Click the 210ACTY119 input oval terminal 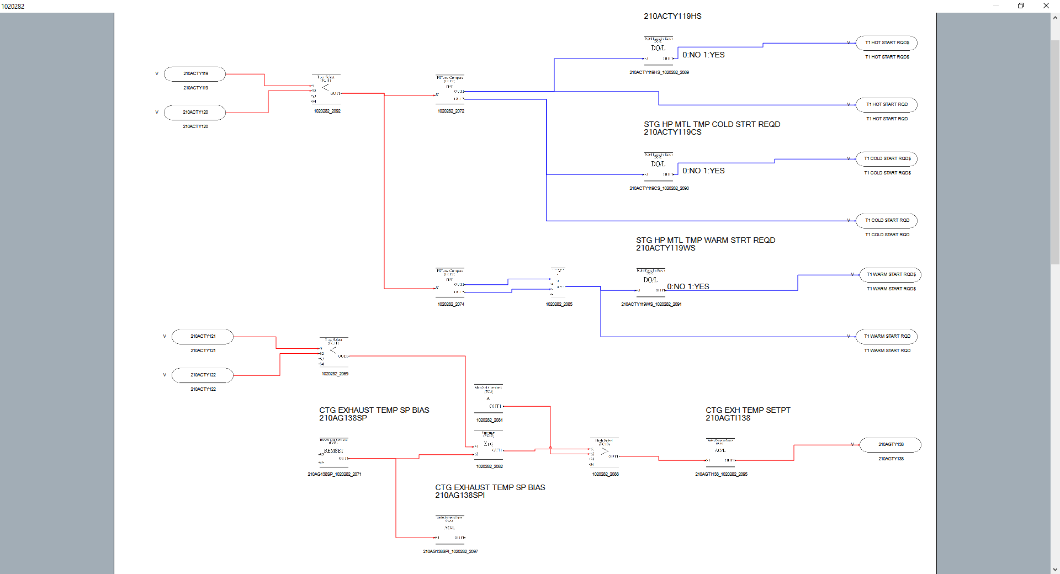coord(195,74)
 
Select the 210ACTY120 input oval coord(195,113)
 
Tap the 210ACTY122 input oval coord(203,375)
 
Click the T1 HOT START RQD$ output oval coord(887,43)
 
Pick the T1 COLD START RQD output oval coord(887,221)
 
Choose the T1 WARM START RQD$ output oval coord(891,275)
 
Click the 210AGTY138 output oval coord(891,445)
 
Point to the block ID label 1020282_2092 coord(327,111)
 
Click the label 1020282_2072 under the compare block coord(451,111)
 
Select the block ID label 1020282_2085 coord(559,305)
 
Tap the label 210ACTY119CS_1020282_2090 coord(659,189)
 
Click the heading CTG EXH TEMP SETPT coord(748,411)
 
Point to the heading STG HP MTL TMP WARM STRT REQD coord(706,241)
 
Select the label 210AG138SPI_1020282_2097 coord(451,552)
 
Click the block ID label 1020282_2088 coord(606,475)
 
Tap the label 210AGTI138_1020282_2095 coord(721,475)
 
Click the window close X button coord(1046,6)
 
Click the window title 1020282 coord(13,7)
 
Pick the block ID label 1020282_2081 coord(490,421)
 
